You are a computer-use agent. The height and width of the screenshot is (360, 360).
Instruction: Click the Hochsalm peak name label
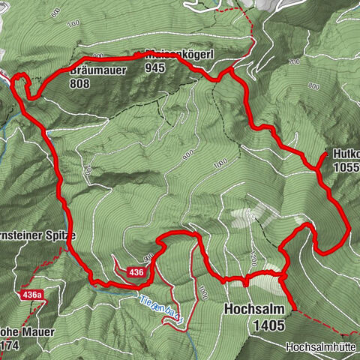[x=253, y=308]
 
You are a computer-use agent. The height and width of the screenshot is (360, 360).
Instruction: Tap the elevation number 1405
[x=269, y=325]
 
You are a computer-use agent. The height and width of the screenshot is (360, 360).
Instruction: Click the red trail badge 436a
[x=32, y=295]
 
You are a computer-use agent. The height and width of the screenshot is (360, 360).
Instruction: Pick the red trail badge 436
[x=136, y=271]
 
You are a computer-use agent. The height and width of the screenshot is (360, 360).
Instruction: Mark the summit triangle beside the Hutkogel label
[x=324, y=155]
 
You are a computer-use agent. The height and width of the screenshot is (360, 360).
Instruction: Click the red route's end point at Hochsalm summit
[x=293, y=308]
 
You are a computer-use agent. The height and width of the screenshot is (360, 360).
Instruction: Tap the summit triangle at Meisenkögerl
[x=144, y=54]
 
